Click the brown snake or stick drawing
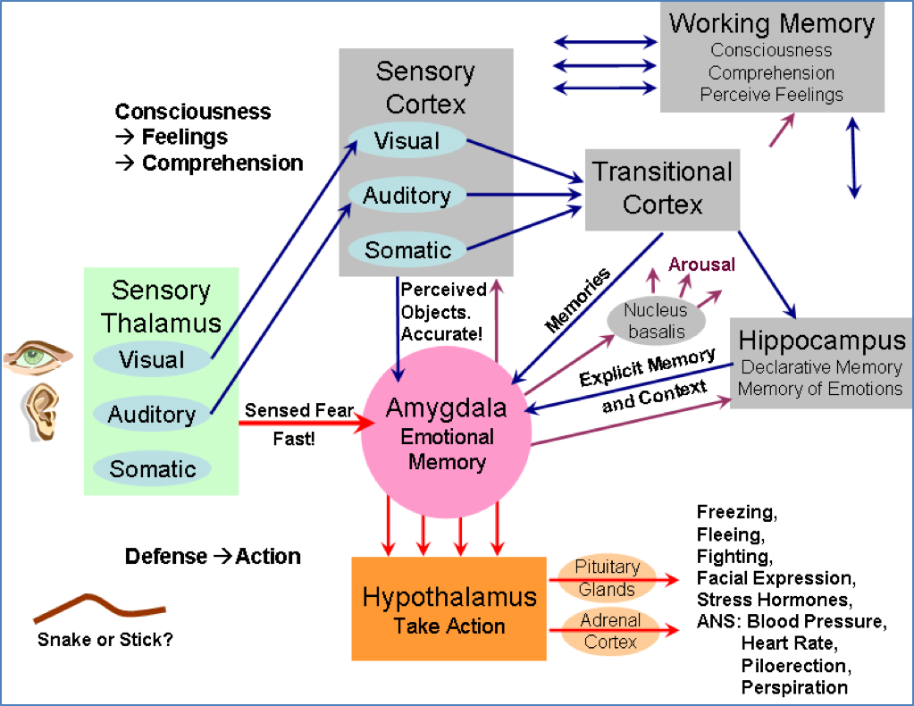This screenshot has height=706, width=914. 98,608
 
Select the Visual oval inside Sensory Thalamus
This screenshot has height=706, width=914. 152,360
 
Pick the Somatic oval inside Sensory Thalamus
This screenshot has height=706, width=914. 152,469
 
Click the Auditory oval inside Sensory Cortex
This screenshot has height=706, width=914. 407,196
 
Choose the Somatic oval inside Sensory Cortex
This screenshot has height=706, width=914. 407,249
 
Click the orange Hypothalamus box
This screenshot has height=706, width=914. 449,609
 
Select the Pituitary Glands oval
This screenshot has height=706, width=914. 607,577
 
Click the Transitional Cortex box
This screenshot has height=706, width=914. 662,188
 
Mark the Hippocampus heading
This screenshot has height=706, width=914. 821,340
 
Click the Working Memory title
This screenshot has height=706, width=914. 771,23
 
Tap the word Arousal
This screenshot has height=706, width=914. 701,265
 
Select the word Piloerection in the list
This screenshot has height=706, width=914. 793,667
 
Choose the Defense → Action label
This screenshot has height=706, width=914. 213,557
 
